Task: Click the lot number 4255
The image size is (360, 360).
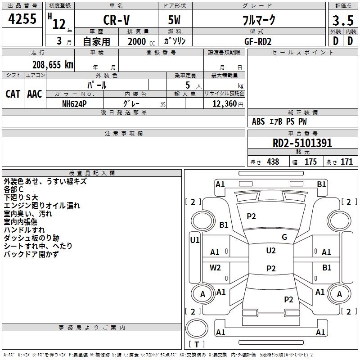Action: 22,18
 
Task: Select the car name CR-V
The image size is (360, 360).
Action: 117,20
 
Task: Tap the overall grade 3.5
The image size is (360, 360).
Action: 343,20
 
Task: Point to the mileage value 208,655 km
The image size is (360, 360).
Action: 53,65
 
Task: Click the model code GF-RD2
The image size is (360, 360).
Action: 258,41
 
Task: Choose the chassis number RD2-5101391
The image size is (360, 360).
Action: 302,143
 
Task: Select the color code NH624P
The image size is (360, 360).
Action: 74,104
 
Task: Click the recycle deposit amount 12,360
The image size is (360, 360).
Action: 224,104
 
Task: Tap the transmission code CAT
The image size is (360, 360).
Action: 13,94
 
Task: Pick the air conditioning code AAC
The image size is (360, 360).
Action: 35,94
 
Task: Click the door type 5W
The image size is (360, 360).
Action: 174,20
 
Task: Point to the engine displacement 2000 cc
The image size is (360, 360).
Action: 141,41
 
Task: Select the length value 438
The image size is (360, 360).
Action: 273,162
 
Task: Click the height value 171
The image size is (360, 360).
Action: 346,162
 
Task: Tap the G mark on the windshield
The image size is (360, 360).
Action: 284,237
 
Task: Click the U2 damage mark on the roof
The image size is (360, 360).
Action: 271,251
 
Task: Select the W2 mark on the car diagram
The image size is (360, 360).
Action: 215,267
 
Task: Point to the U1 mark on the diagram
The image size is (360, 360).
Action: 195,240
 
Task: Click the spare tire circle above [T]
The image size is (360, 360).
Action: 197,328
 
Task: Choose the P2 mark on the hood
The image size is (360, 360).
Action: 251,216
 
